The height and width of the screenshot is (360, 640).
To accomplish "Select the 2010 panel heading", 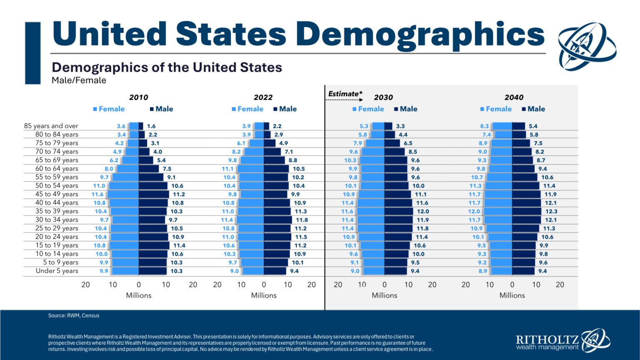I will tap(138, 97).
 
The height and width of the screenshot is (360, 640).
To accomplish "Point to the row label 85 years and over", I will tap(51, 126).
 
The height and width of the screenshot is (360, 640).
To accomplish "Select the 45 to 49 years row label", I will tap(57, 194).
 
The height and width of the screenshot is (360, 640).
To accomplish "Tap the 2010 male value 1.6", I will tap(151, 126).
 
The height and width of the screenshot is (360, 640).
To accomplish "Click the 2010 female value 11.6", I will tap(97, 195).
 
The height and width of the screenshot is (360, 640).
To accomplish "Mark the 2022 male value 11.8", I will tap(302, 220).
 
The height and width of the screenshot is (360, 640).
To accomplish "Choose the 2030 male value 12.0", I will tap(423, 212).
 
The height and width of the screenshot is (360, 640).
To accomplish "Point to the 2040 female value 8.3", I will tap(484, 126).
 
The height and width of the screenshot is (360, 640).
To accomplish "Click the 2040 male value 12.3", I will tap(551, 212).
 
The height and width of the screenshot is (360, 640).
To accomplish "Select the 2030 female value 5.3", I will tap(364, 126).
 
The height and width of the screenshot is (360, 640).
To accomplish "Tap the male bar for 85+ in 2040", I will tap(518, 126).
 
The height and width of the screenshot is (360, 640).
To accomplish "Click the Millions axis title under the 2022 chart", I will tap(264, 295).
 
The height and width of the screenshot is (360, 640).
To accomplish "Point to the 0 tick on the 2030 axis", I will tap(384, 285).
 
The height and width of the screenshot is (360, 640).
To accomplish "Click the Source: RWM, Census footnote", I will tap(74, 316).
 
